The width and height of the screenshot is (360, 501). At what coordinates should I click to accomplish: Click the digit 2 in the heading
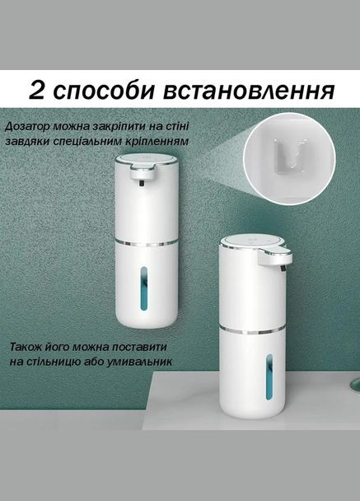click(x=36, y=88)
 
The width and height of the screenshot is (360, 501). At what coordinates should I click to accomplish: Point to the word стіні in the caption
click(x=179, y=126)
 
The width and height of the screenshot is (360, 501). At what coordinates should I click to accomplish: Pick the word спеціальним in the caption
click(x=92, y=143)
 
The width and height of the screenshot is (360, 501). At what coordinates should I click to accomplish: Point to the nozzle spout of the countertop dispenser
click(x=282, y=262)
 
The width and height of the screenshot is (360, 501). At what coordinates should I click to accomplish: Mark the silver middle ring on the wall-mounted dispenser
click(x=145, y=244)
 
